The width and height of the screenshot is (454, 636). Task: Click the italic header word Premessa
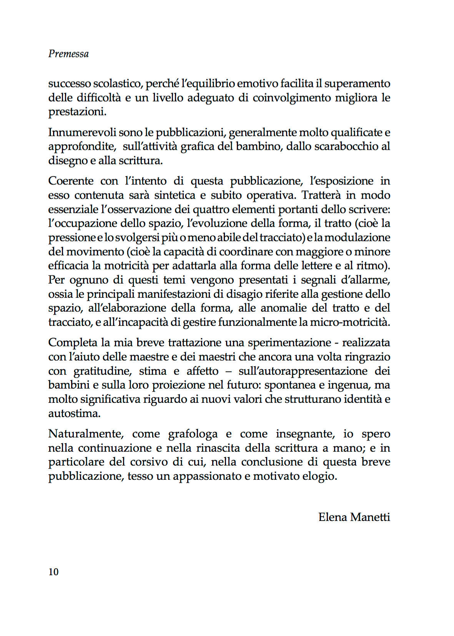68,54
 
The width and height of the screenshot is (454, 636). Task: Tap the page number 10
53,572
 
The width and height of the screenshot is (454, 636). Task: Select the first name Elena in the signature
333,517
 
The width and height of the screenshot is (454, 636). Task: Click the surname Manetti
370,517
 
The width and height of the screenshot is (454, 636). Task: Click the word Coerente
71,181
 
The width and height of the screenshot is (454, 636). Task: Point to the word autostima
74,413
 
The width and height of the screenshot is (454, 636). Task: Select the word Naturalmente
86,434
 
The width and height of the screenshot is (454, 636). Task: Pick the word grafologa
193,434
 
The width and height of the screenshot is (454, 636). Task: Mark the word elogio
318,476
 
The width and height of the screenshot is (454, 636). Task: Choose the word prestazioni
77,112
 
